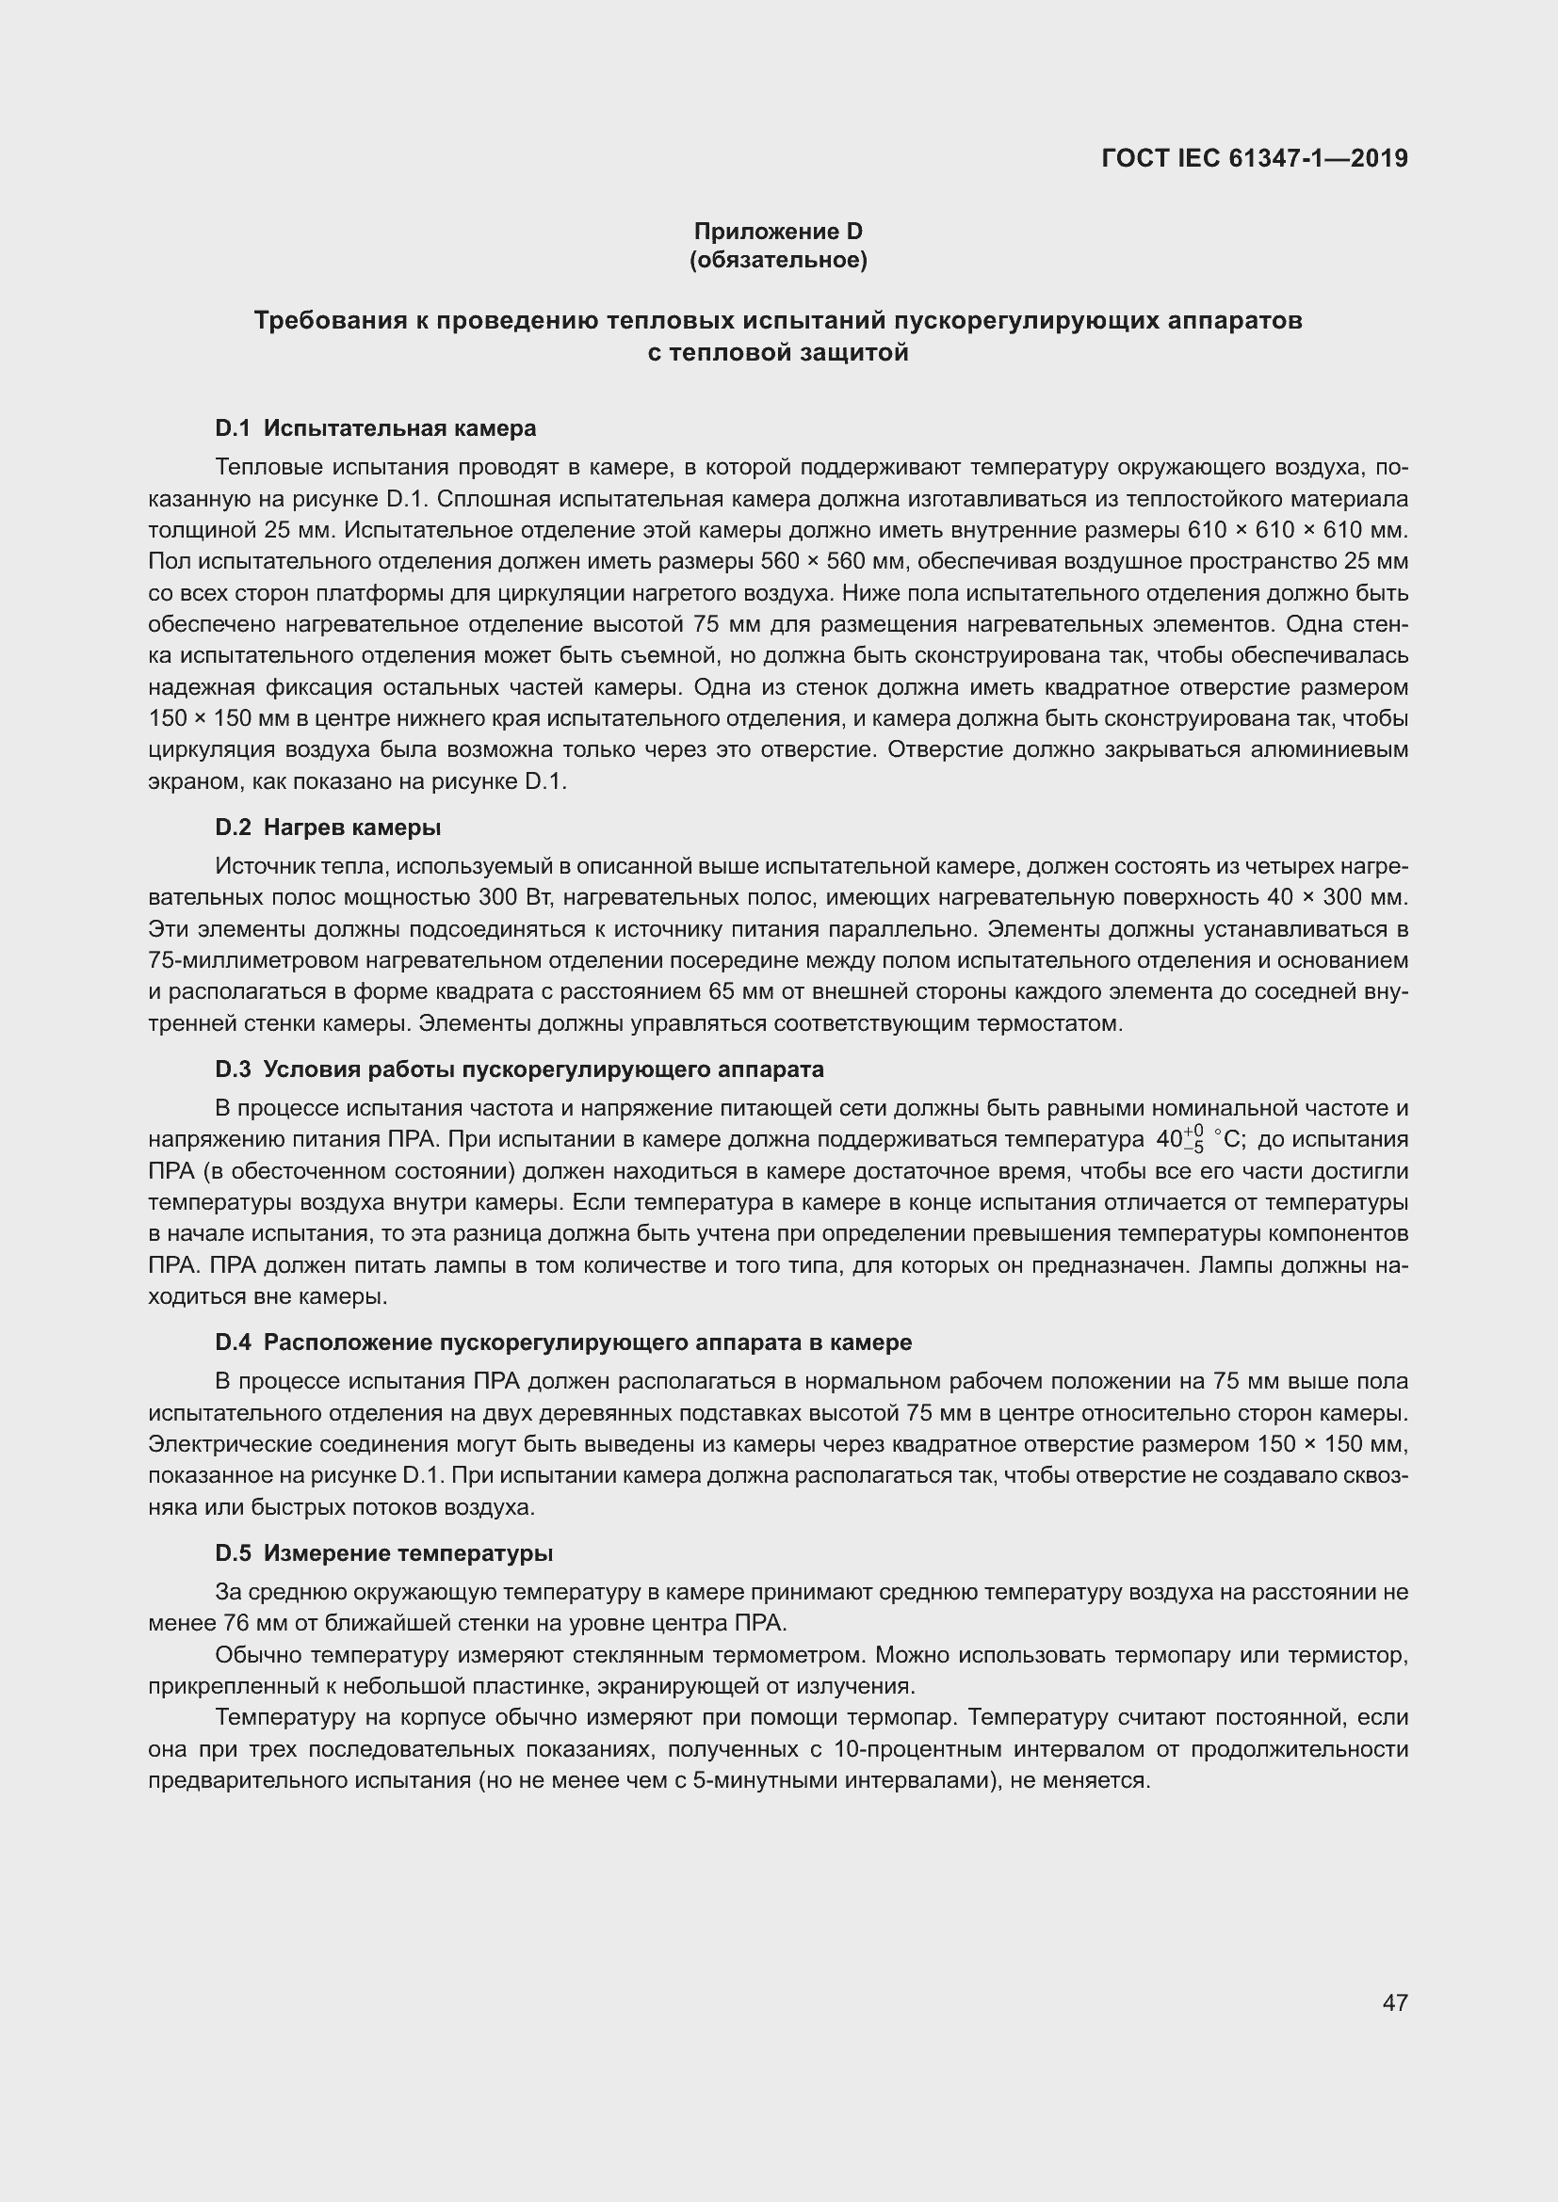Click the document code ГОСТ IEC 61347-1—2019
coord(1254,158)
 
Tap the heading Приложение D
coord(778,232)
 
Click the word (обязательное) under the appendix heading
coord(778,261)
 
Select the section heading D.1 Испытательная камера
coord(375,427)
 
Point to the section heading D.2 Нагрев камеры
coord(328,827)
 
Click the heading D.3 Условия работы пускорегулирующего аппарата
coord(519,1069)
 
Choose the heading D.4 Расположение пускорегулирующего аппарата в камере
coord(563,1342)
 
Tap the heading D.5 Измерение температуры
coord(383,1552)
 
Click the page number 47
coord(1395,2001)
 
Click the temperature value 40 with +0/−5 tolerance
coord(1178,1139)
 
